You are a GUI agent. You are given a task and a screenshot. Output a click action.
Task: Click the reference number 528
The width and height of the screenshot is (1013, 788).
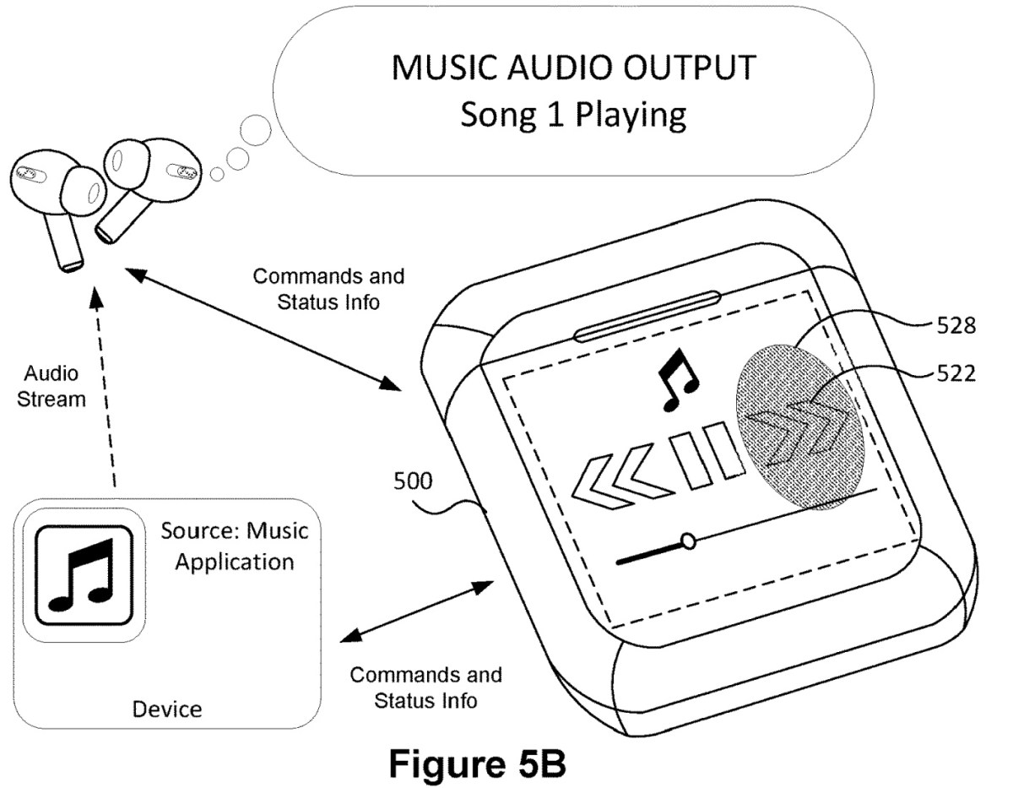pyautogui.click(x=956, y=326)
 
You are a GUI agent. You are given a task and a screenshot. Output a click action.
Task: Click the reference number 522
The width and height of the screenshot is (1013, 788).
pyautogui.click(x=956, y=372)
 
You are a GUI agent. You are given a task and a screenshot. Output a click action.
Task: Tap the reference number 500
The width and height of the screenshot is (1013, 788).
pyautogui.click(x=414, y=483)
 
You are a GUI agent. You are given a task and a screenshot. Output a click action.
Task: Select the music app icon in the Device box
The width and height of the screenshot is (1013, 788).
pyautogui.click(x=79, y=568)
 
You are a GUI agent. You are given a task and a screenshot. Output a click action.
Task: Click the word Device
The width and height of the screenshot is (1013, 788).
pyautogui.click(x=167, y=709)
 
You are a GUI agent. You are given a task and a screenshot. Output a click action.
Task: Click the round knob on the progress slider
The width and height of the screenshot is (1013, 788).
pyautogui.click(x=689, y=540)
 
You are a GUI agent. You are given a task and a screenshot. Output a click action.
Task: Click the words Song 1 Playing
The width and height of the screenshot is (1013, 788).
pyautogui.click(x=572, y=115)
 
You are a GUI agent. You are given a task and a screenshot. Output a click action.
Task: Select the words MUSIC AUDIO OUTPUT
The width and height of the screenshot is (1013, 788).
pyautogui.click(x=572, y=68)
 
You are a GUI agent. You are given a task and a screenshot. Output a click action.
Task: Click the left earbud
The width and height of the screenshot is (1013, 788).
pyautogui.click(x=52, y=198)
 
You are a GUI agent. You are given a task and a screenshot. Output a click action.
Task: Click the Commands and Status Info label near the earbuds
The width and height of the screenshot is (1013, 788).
pyautogui.click(x=328, y=289)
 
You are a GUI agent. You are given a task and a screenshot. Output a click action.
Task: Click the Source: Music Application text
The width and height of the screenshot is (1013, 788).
pyautogui.click(x=234, y=546)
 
